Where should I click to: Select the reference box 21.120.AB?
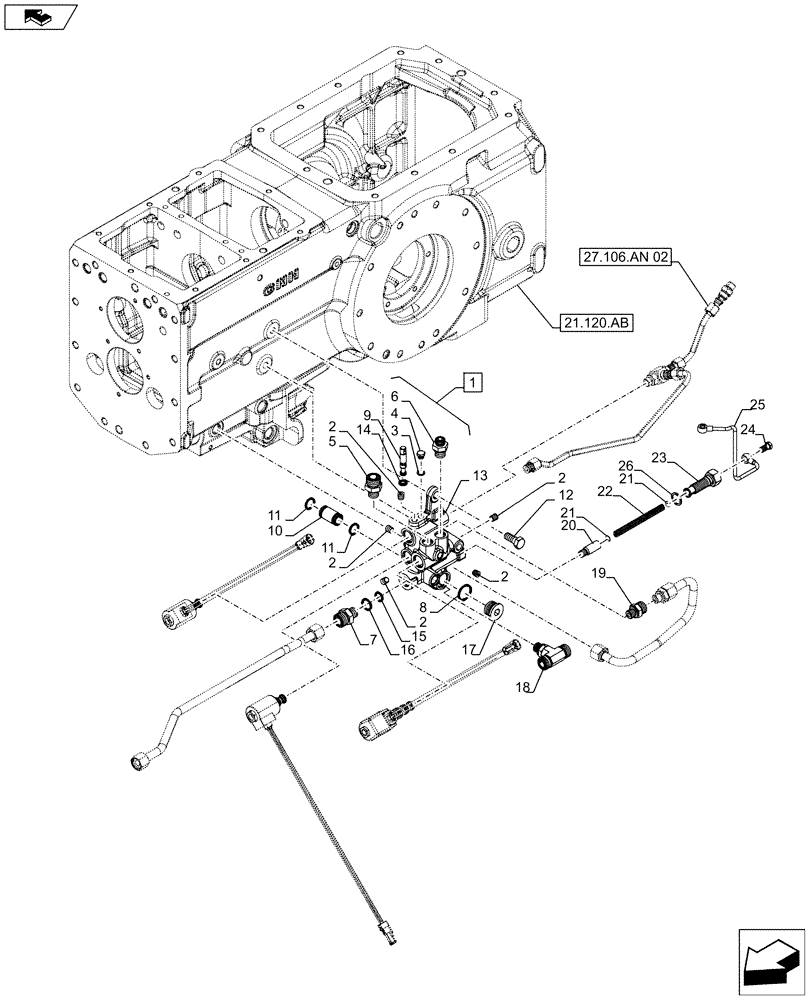coord(593,322)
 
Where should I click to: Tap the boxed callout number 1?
coord(472,380)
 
